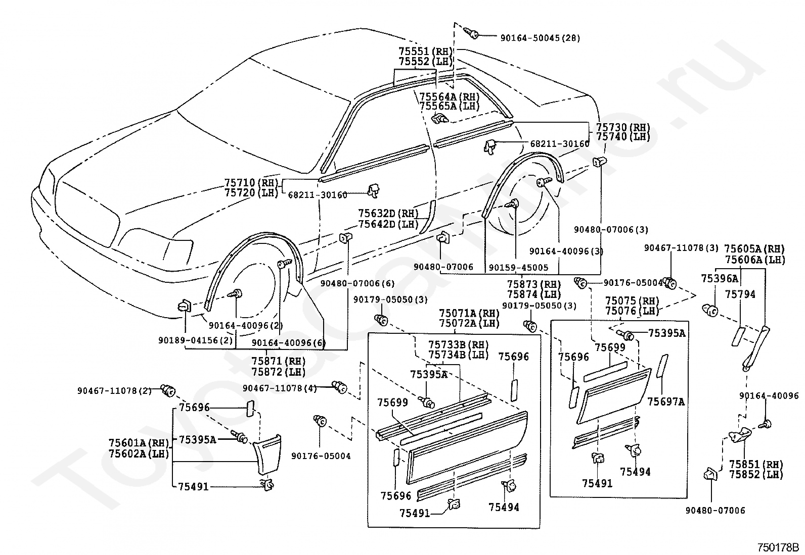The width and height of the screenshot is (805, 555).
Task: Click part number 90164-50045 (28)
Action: point(540,38)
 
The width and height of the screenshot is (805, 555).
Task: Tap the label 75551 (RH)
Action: point(425,52)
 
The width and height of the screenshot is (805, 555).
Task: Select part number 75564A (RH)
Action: point(450,96)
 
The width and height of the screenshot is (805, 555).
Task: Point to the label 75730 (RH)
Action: point(623,127)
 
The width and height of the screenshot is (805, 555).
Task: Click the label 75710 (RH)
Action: point(252,183)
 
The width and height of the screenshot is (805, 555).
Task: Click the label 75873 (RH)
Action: point(534,284)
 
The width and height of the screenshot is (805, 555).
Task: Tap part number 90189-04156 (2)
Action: point(196,340)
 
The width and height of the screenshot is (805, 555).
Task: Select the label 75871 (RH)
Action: point(279,361)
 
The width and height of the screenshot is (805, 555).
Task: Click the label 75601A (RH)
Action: point(139,442)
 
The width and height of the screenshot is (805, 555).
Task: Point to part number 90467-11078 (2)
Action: point(115,390)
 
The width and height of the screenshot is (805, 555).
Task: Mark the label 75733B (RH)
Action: point(459,345)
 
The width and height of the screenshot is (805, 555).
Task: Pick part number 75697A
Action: point(666,401)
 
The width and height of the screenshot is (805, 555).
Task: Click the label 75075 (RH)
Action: point(632,300)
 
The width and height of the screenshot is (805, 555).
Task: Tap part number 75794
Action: point(740,294)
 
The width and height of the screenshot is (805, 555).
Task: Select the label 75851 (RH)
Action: point(756,464)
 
